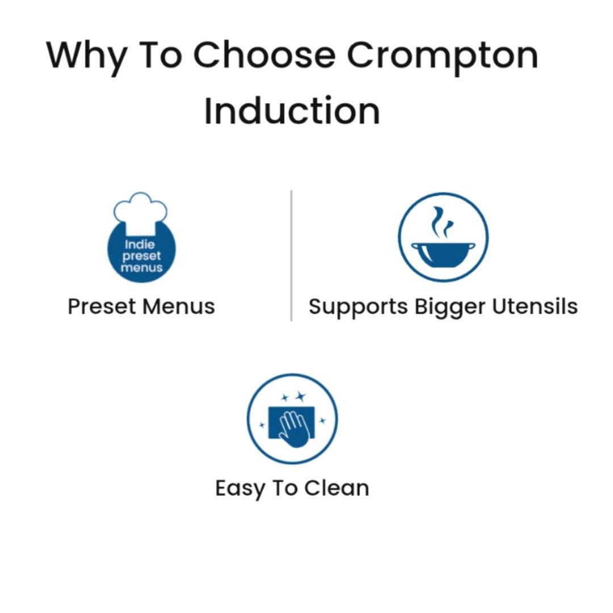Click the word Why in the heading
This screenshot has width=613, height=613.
(x=86, y=57)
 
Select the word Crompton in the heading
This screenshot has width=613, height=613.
(x=443, y=57)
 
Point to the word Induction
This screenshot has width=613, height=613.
(x=292, y=111)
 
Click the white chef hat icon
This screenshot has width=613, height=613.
(x=140, y=211)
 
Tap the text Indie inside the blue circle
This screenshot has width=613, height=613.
(x=140, y=245)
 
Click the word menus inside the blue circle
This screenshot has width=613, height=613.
(x=141, y=268)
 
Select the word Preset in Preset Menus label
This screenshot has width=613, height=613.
(x=102, y=306)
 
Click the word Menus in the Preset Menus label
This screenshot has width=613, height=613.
(x=179, y=306)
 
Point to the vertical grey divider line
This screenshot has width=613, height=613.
(x=291, y=255)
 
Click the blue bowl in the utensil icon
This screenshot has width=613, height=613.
(x=443, y=255)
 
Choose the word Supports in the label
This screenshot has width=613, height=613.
(x=358, y=307)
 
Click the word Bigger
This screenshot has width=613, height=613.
(x=450, y=307)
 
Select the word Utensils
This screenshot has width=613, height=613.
(x=535, y=306)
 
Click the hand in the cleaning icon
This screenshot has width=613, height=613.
(x=294, y=429)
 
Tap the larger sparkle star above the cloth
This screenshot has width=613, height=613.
(x=300, y=396)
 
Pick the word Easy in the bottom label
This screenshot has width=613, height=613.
(x=240, y=489)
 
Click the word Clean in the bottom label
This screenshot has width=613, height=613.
(x=337, y=488)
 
